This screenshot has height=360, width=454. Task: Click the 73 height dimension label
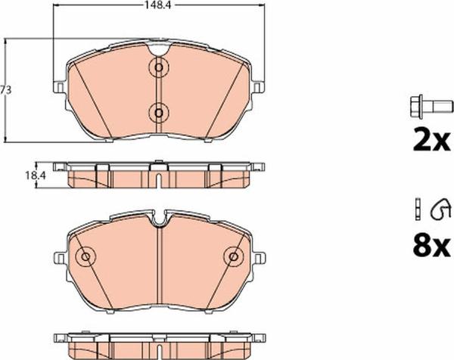pyautogui.click(x=5, y=90)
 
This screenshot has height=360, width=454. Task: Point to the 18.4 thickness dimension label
pyautogui.click(x=36, y=175)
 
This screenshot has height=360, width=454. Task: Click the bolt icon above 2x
pyautogui.click(x=431, y=106)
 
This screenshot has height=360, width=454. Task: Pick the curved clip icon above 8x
pyautogui.click(x=440, y=209)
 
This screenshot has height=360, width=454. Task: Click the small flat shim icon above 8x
pyautogui.click(x=418, y=209)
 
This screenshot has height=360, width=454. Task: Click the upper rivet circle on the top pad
pyautogui.click(x=158, y=68)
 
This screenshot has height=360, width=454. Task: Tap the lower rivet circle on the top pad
pyautogui.click(x=158, y=113)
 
